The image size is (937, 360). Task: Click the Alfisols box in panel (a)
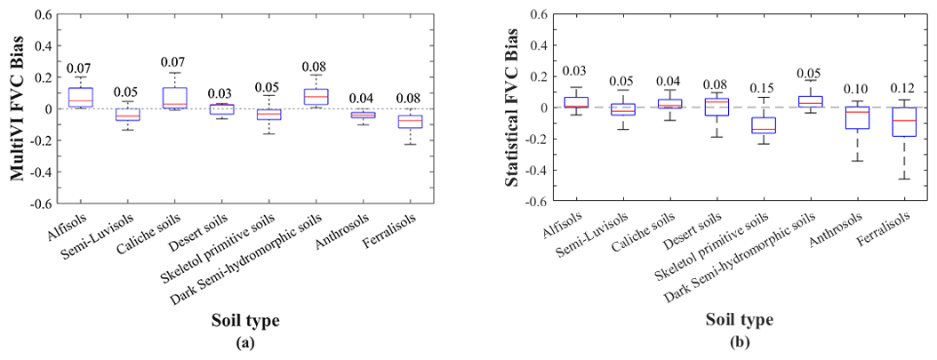click(80, 97)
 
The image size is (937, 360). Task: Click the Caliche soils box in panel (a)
click(175, 97)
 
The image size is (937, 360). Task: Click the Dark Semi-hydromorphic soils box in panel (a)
click(316, 96)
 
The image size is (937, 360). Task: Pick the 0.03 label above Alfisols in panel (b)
click(575, 72)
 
